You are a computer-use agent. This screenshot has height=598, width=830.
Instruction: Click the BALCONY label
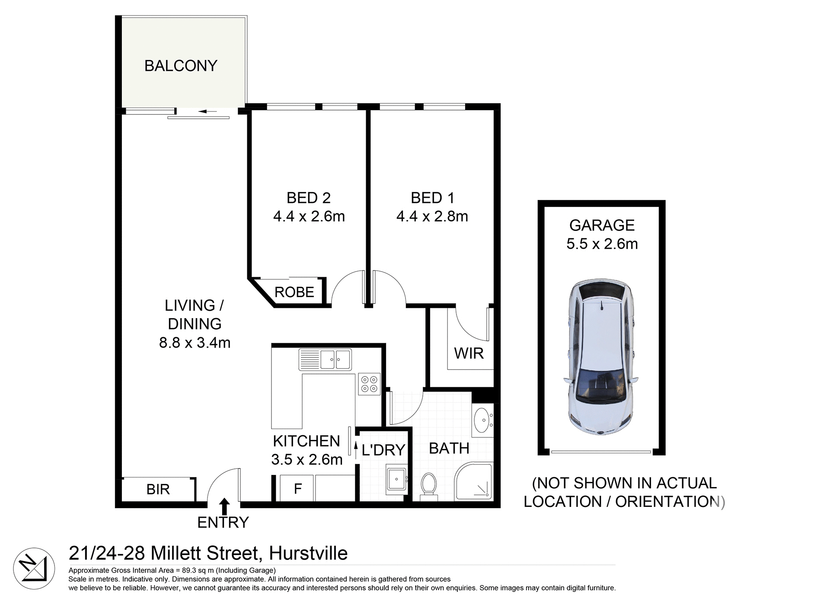(181, 66)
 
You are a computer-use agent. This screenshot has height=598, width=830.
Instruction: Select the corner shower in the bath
(475, 482)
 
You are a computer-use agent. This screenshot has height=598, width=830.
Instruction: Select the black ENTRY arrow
(224, 506)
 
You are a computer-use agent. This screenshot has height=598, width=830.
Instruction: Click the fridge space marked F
(297, 489)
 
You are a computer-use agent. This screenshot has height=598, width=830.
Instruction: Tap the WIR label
(469, 353)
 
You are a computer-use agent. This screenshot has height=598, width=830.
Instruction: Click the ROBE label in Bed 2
(294, 292)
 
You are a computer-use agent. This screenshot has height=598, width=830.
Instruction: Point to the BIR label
(158, 489)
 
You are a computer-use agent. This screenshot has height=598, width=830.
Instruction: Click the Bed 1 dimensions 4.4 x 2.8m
(432, 216)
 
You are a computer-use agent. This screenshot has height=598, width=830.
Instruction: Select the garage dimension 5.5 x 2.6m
(602, 244)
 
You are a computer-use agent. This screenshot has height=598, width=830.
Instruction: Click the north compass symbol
(34, 569)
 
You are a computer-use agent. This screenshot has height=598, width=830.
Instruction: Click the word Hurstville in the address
(308, 553)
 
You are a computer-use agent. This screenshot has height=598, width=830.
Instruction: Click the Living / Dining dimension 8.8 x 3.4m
(195, 343)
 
